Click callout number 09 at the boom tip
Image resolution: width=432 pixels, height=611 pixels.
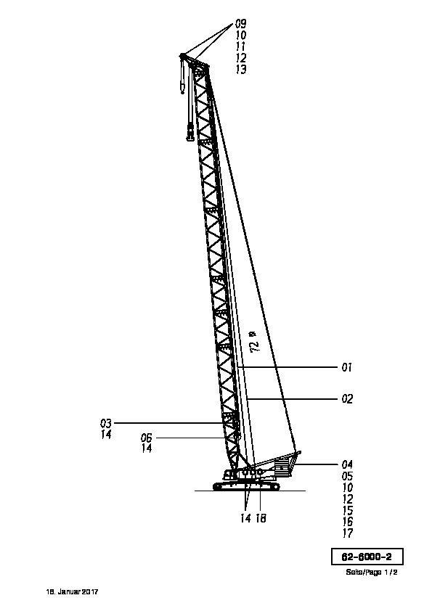click(x=240, y=24)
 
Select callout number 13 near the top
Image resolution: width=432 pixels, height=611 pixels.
click(x=241, y=70)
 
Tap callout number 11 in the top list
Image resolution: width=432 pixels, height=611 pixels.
click(x=240, y=46)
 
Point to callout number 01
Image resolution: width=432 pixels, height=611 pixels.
click(x=347, y=367)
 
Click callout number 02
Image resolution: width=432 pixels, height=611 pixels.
click(x=347, y=399)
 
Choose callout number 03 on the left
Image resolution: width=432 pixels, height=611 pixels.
click(x=106, y=423)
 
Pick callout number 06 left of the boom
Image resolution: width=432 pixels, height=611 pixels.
click(x=146, y=438)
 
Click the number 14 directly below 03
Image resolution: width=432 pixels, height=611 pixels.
click(x=106, y=435)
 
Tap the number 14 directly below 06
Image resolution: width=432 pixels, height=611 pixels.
click(x=146, y=448)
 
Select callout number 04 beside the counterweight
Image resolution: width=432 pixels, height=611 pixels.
click(x=347, y=464)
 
